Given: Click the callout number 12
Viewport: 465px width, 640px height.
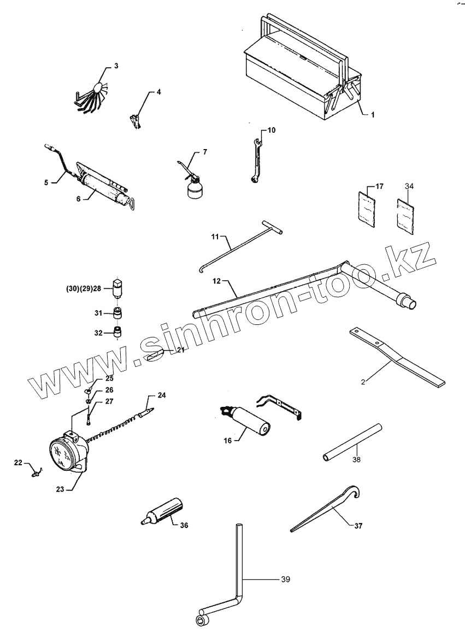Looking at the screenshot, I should click(x=217, y=281).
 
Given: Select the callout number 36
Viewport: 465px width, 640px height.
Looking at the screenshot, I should click(x=184, y=525).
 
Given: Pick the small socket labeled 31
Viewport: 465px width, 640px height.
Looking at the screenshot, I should click(x=117, y=313).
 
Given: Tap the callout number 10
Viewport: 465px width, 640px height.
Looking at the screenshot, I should click(x=272, y=130).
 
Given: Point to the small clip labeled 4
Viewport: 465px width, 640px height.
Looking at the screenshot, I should click(x=136, y=120).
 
